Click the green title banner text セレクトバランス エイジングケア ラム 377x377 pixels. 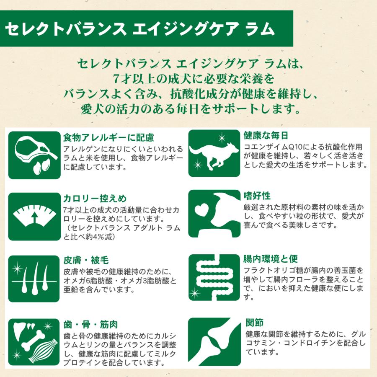pyautogui.click(x=140, y=30)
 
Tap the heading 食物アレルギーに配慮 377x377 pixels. pyautogui.click(x=108, y=138)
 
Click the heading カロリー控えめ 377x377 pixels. pyautogui.click(x=94, y=198)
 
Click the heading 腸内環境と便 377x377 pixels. pyautogui.click(x=270, y=258)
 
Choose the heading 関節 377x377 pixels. pyautogui.click(x=254, y=323)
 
